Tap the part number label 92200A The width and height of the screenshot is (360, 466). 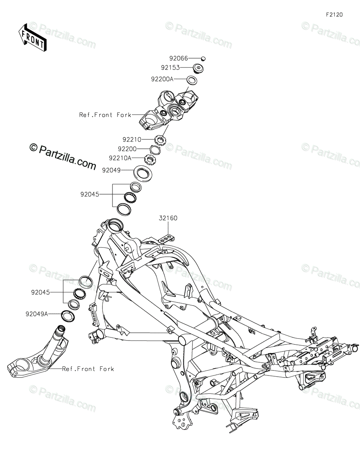tap(163, 79)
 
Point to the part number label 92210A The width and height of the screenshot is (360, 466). tap(120, 158)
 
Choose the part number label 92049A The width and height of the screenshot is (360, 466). tap(37, 314)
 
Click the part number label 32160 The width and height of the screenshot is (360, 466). tap(168, 218)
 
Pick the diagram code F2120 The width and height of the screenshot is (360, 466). tap(334, 15)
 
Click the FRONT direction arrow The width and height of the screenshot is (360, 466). tap(33, 37)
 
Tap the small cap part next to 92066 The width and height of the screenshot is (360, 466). tap(203, 59)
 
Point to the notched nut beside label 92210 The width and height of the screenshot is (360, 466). tap(160, 139)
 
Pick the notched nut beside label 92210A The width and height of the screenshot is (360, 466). tap(150, 158)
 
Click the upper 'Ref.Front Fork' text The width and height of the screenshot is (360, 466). tap(102, 115)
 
